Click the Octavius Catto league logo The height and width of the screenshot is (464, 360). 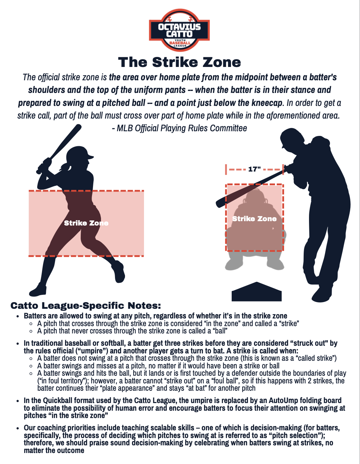click(179, 30)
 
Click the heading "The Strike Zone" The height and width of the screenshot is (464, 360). click(179, 62)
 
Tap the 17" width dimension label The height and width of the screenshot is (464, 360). click(254, 169)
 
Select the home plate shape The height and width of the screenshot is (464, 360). click(256, 292)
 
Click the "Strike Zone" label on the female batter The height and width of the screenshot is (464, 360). click(86, 223)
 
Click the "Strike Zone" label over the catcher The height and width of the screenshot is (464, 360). click(254, 219)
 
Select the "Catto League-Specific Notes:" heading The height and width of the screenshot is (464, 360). click(86, 306)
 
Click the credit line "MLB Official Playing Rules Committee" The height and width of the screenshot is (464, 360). click(182, 128)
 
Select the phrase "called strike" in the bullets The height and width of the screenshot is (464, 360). click(316, 358)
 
